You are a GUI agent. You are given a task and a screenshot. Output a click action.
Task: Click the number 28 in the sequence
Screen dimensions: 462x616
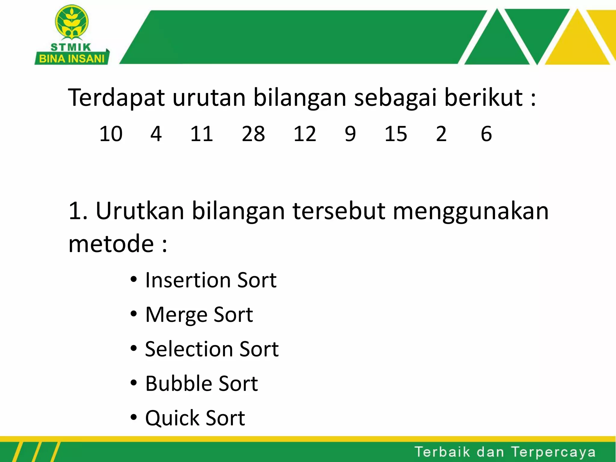pyautogui.click(x=253, y=134)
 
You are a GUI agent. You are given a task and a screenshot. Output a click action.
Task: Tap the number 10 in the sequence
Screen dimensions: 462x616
pyautogui.click(x=111, y=134)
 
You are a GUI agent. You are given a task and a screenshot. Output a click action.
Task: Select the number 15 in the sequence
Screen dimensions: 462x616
pyautogui.click(x=396, y=134)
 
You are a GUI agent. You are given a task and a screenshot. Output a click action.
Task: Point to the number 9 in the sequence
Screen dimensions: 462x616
pyautogui.click(x=350, y=134)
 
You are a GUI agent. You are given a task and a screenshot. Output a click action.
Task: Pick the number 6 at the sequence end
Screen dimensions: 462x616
pyautogui.click(x=486, y=134)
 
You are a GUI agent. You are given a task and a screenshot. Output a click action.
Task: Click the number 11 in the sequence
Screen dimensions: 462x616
pyautogui.click(x=202, y=134)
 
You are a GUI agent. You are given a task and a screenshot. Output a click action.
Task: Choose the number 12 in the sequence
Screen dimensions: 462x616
pyautogui.click(x=305, y=134)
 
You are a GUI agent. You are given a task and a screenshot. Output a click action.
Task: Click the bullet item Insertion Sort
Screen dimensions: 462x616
pyautogui.click(x=211, y=280)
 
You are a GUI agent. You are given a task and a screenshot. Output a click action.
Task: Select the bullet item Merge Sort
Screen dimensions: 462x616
pyautogui.click(x=199, y=315)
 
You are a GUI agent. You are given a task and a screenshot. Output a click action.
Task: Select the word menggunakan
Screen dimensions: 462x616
pyautogui.click(x=471, y=211)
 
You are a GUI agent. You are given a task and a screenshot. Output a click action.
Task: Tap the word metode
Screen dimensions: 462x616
pyautogui.click(x=111, y=244)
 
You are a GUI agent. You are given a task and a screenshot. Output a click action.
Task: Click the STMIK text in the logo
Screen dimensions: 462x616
pyautogui.click(x=71, y=47)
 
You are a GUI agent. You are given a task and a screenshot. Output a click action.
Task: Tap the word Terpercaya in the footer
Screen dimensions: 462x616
pyautogui.click(x=553, y=452)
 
